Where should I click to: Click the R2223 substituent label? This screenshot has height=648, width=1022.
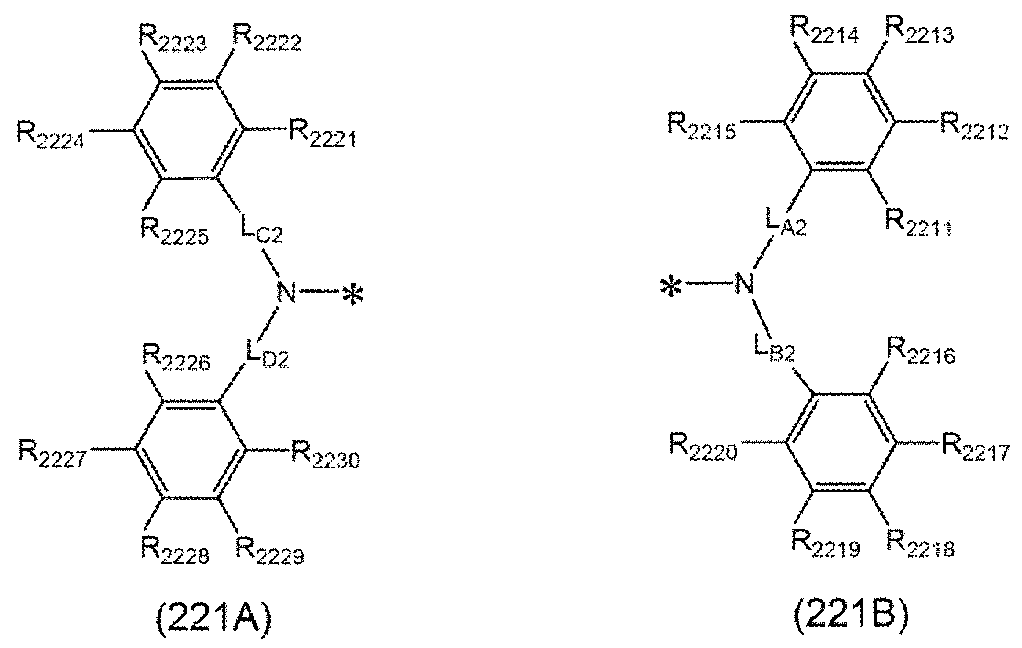(x=173, y=41)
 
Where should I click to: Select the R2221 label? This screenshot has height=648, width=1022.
(x=322, y=134)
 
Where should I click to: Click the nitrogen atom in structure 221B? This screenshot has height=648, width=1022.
(x=744, y=284)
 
